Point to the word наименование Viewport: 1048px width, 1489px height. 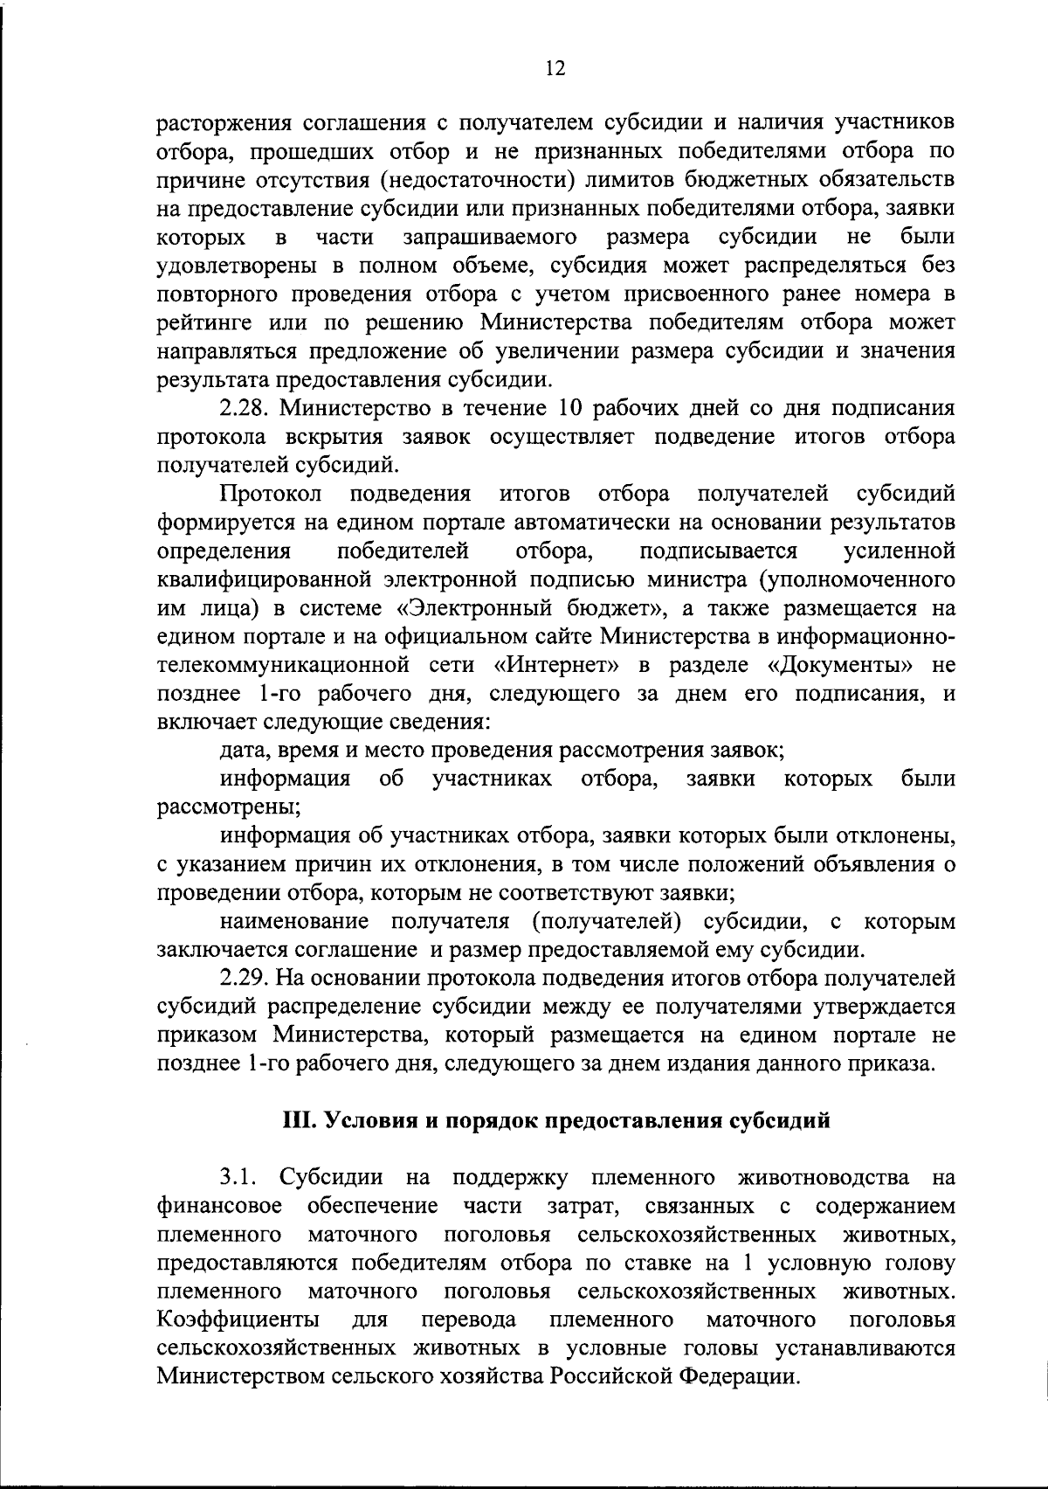coord(295,921)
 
